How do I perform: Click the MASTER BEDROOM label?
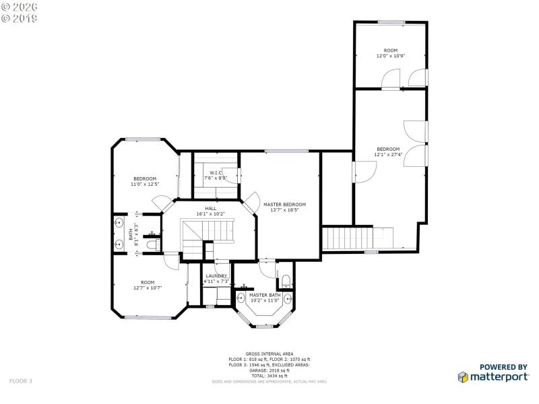[x=284, y=205]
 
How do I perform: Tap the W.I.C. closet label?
[x=216, y=173]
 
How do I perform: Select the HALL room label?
[x=210, y=209]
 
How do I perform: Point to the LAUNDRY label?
[x=216, y=276]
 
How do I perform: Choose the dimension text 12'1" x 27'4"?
[x=388, y=154]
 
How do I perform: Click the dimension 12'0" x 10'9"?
[x=391, y=56]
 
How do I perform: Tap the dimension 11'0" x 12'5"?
[x=144, y=184]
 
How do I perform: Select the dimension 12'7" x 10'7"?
[x=147, y=288]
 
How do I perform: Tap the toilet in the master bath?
[x=286, y=280]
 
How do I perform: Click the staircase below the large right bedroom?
[x=348, y=238]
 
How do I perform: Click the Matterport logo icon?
[x=464, y=378]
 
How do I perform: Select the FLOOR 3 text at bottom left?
[x=20, y=381]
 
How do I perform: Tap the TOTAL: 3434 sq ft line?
[x=269, y=375]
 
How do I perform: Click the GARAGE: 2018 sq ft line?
[x=269, y=370]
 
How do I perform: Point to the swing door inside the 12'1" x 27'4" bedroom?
[x=364, y=173]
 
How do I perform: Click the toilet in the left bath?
[x=152, y=247]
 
